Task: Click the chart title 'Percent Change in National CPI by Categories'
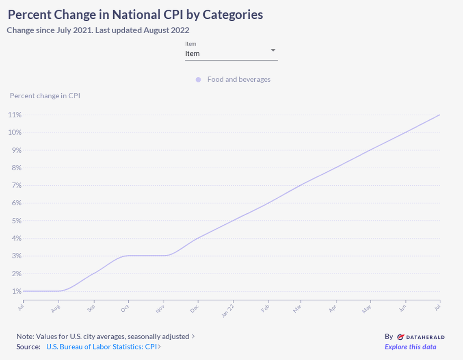point(135,15)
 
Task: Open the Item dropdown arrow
point(273,50)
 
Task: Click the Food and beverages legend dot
point(198,80)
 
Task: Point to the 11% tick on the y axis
point(14,115)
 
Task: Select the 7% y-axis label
point(14,185)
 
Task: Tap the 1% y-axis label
point(14,291)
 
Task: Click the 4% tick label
point(14,239)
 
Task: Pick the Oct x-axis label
point(125,309)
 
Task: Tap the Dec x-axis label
point(195,309)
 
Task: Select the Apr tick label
point(333,309)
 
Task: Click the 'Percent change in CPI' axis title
point(45,96)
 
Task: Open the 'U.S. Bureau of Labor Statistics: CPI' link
point(101,347)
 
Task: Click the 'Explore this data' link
point(410,347)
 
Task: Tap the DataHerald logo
point(420,337)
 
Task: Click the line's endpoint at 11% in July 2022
point(439,115)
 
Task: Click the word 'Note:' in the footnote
point(25,336)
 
